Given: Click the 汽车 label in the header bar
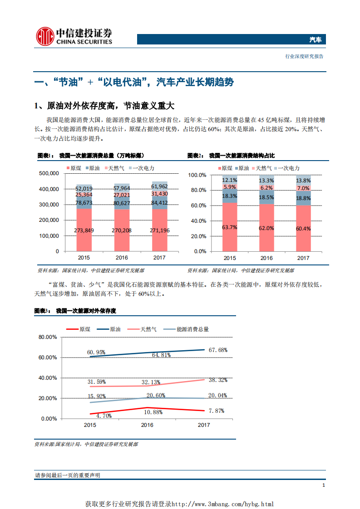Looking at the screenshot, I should click(315, 40).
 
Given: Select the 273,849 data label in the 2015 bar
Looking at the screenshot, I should click(84, 230).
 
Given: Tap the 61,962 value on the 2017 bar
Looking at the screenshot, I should click(159, 186).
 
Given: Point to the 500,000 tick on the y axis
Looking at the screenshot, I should click(49, 173).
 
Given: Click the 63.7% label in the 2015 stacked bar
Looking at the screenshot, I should click(230, 228).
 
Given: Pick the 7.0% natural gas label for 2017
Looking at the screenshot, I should click(303, 188).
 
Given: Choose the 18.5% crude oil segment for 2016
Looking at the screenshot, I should click(266, 198).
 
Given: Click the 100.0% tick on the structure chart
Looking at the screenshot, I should click(197, 175).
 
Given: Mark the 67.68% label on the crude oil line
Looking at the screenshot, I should click(218, 350).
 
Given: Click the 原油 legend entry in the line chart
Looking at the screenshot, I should click(110, 329).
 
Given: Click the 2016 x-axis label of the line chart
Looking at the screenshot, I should click(147, 425).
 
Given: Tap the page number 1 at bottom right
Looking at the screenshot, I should click(323, 486).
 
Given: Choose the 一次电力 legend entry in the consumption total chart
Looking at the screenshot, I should click(142, 168).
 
